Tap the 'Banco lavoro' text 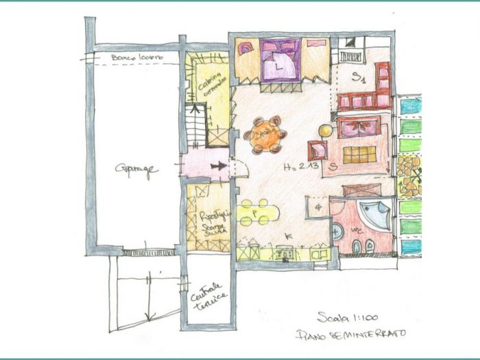pos(137,58)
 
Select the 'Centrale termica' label pos(207,295)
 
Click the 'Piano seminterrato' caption pos(350,334)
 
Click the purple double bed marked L pos(280,60)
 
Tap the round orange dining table pos(265,135)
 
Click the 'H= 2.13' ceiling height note pos(299,167)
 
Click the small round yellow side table pos(325,129)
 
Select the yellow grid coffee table pos(359,154)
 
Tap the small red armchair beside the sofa pos(317,149)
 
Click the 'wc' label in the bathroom pos(355,231)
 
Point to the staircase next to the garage pos(197,123)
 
